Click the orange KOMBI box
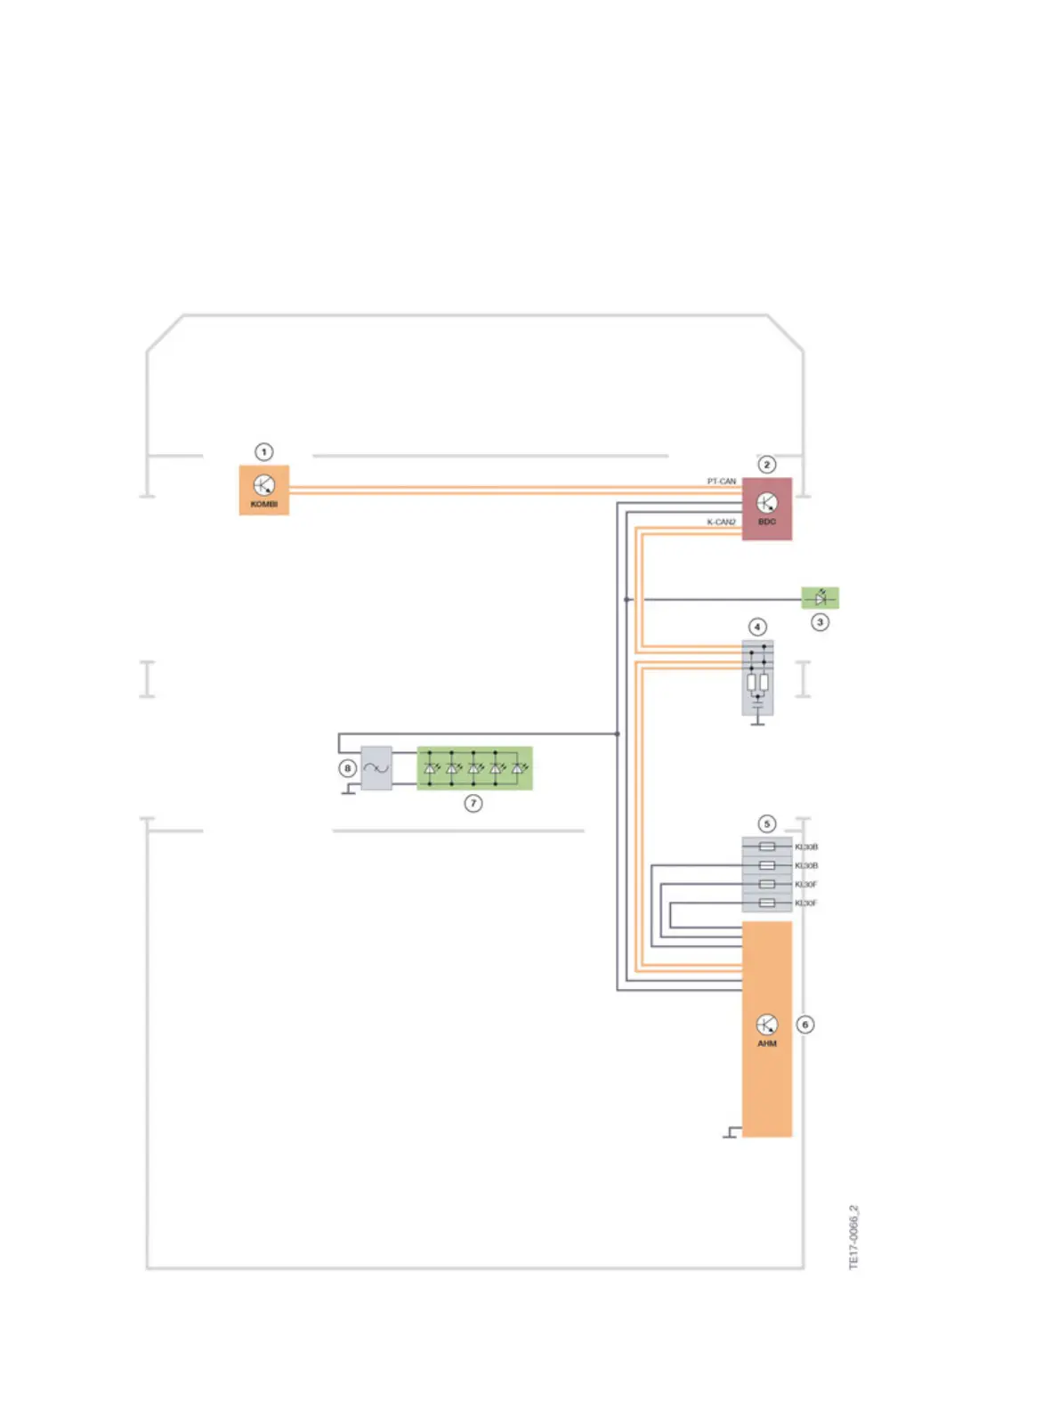click(263, 490)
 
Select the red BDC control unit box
click(766, 508)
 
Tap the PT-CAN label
click(721, 482)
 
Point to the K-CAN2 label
click(721, 522)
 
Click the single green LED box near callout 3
click(820, 598)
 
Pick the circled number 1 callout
click(263, 452)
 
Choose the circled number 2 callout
click(766, 465)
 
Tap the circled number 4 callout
click(757, 627)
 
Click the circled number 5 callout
click(766, 824)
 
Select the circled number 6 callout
click(805, 1025)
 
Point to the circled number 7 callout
click(473, 804)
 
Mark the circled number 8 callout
click(348, 768)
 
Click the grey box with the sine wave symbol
click(376, 768)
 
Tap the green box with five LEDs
click(474, 768)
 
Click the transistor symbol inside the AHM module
click(766, 1024)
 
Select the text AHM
click(766, 1043)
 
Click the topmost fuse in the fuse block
click(766, 847)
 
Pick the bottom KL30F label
click(806, 904)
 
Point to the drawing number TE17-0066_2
click(853, 1237)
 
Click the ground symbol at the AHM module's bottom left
click(731, 1133)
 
